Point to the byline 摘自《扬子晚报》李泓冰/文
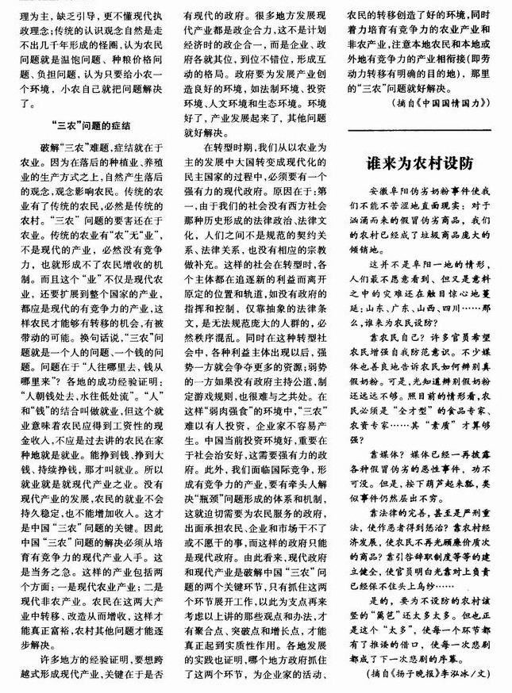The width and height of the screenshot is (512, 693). [424, 673]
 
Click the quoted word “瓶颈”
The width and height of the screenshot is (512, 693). [199, 503]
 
